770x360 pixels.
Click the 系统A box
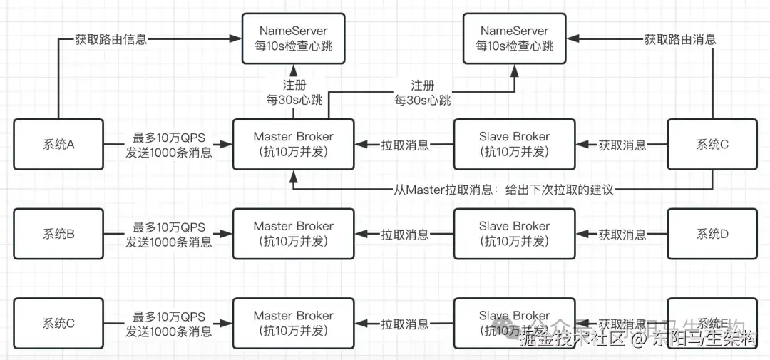coord(58,145)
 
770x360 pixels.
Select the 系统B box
coord(58,234)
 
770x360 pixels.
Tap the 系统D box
coord(712,234)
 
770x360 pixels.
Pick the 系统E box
coord(712,323)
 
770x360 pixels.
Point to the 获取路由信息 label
coord(111,39)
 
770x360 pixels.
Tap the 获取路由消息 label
coord(680,39)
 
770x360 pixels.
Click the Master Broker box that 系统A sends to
coord(294,145)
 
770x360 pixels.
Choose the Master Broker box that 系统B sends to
coord(294,234)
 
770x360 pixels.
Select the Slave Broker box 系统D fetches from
coord(515,234)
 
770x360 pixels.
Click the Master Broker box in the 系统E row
coord(294,323)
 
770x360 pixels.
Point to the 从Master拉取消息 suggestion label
coord(503,190)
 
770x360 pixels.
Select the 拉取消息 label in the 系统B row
coord(404,234)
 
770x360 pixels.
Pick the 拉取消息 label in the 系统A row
coord(404,145)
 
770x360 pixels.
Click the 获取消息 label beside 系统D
coord(622,234)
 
